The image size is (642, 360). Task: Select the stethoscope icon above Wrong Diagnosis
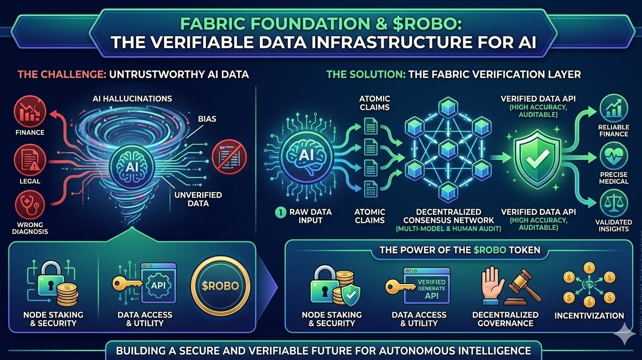(x=29, y=205)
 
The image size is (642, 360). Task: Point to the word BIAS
(x=207, y=119)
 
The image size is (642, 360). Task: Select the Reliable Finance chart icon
(x=613, y=108)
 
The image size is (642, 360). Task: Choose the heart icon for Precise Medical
(x=613, y=157)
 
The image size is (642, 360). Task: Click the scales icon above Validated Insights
(x=613, y=205)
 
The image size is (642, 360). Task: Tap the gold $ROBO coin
(x=221, y=285)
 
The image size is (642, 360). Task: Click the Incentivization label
(x=589, y=315)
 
